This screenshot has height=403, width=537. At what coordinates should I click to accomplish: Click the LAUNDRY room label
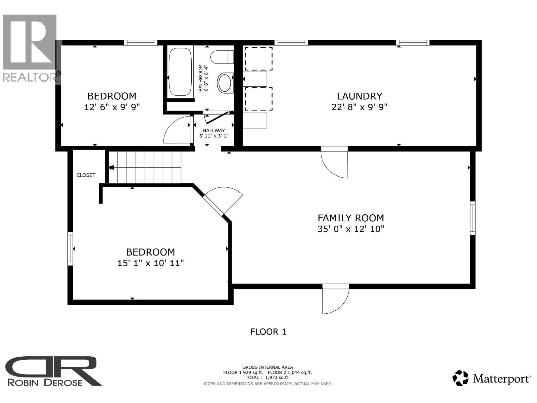[359, 96]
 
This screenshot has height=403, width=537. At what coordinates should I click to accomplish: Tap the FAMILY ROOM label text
[351, 218]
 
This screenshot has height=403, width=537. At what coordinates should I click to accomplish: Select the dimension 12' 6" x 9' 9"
[112, 107]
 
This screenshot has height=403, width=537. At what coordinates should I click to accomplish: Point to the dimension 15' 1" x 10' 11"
[150, 263]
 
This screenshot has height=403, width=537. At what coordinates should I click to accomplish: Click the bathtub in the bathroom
[180, 72]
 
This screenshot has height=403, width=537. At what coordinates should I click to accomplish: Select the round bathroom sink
[225, 82]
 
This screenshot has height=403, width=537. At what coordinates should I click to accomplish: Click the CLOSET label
[86, 175]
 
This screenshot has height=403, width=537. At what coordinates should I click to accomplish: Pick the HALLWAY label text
[214, 130]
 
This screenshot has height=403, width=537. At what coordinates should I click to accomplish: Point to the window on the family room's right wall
[473, 218]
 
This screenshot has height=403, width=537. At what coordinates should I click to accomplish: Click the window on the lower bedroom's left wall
[70, 249]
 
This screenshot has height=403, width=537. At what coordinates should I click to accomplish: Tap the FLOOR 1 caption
[268, 332]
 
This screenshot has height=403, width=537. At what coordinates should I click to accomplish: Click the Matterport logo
[492, 378]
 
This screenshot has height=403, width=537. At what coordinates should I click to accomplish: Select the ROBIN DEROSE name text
[45, 382]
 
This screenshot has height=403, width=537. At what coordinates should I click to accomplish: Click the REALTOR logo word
[30, 77]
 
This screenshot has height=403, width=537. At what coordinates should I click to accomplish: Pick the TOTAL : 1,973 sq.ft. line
[267, 377]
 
